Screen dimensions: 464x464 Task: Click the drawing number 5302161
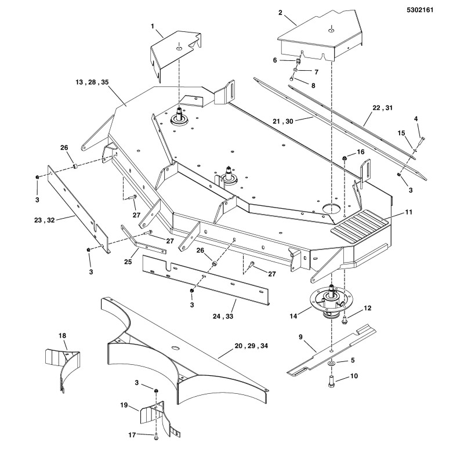(434, 10)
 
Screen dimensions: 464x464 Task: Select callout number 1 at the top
(153, 26)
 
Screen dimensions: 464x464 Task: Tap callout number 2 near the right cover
(280, 12)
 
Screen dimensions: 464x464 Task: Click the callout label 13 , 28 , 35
(92, 83)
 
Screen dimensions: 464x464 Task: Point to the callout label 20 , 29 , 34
(251, 346)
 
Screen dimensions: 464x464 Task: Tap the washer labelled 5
(330, 362)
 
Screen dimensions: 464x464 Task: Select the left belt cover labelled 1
(174, 55)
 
